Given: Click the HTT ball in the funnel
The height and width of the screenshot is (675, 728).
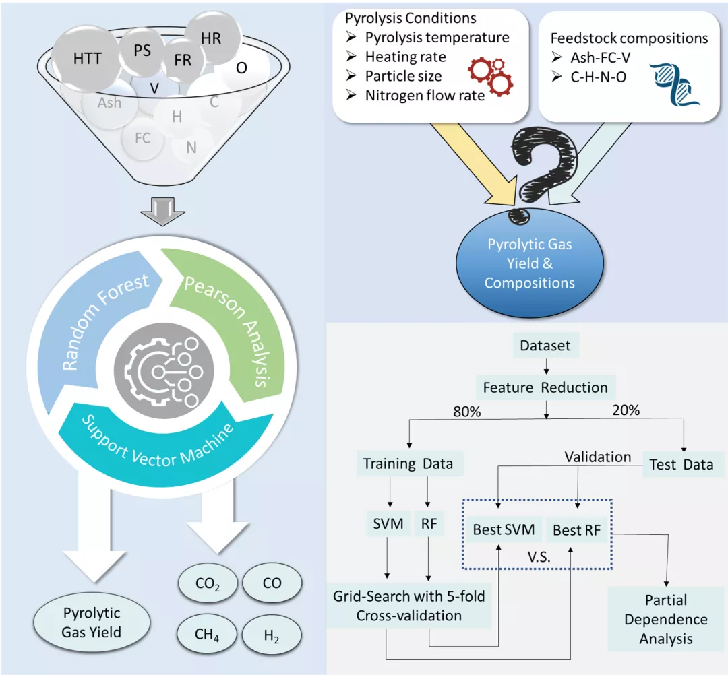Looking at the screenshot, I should pyautogui.click(x=88, y=59).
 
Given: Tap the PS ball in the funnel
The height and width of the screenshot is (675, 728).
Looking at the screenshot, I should pyautogui.click(x=142, y=50).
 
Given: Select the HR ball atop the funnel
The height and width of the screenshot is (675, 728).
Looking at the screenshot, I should pyautogui.click(x=210, y=38).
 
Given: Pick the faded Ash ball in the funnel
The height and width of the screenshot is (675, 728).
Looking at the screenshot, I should pyautogui.click(x=109, y=102).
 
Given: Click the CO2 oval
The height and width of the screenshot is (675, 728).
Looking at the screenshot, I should pyautogui.click(x=207, y=583).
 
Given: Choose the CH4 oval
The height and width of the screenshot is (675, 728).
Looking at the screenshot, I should pyautogui.click(x=207, y=634).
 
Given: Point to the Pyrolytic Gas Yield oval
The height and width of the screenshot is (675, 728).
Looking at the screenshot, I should pyautogui.click(x=92, y=622).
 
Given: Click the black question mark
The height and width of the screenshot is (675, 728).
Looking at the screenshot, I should pyautogui.click(x=540, y=168).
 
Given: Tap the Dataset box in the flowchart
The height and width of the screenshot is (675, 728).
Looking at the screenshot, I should pyautogui.click(x=545, y=346).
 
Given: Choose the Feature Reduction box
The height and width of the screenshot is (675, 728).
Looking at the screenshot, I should pyautogui.click(x=545, y=388).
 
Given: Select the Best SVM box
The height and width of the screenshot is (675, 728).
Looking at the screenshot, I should pyautogui.click(x=504, y=530).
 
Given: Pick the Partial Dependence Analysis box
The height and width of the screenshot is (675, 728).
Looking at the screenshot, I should pyautogui.click(x=666, y=619).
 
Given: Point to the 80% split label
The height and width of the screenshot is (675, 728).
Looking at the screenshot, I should pyautogui.click(x=467, y=412).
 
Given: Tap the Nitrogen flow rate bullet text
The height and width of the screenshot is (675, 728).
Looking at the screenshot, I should pyautogui.click(x=425, y=96).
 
